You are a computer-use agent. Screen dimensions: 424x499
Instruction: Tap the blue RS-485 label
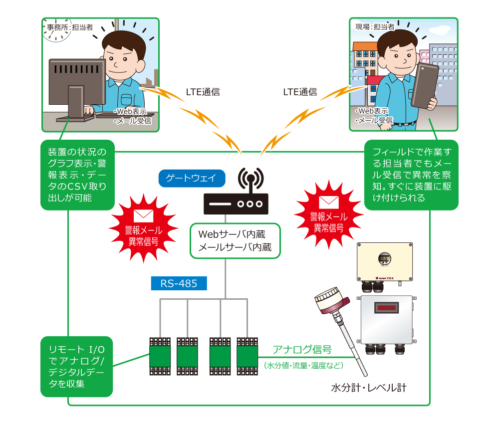(x=179, y=284)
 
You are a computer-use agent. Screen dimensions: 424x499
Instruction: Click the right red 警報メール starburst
(x=328, y=216)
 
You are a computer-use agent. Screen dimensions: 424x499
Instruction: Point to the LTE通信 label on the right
(x=300, y=92)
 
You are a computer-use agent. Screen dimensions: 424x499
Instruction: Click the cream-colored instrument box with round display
(x=385, y=261)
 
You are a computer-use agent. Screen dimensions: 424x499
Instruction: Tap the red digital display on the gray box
(x=386, y=308)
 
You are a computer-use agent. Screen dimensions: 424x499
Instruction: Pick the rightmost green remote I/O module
(x=247, y=356)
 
